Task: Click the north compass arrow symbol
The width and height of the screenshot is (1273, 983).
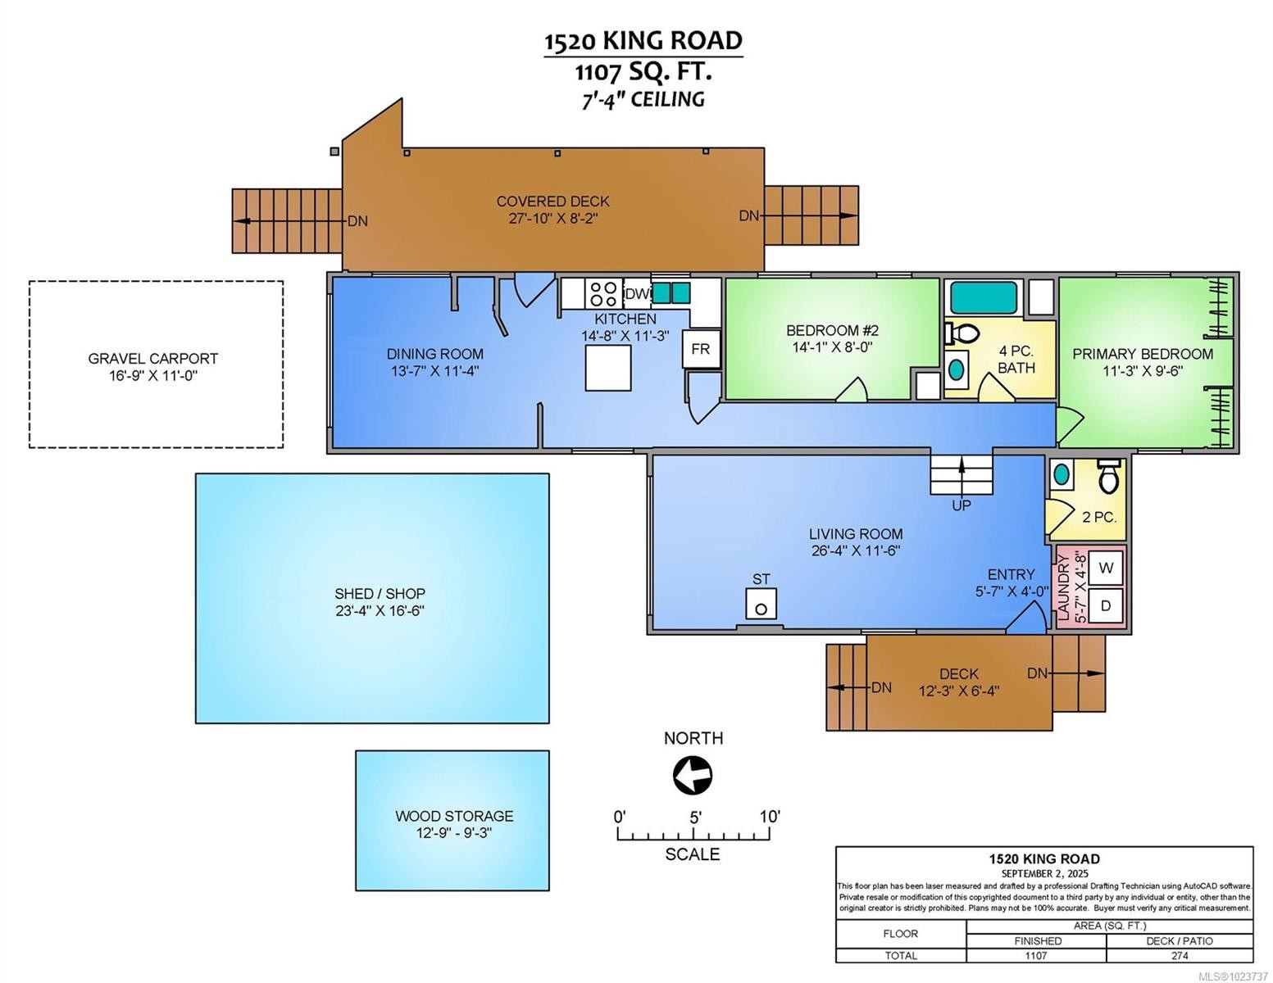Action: [x=693, y=775]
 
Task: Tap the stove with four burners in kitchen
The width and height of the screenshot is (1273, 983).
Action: [x=604, y=293]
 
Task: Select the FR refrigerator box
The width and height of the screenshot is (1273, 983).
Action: [x=700, y=349]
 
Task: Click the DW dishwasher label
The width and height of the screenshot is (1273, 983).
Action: [x=637, y=293]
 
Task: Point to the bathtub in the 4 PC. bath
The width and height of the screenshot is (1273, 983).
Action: [x=982, y=296]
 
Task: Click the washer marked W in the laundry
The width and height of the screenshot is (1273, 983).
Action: [x=1105, y=567]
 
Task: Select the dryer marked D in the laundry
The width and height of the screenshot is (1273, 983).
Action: [x=1105, y=606]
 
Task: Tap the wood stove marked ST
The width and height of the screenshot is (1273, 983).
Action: [x=762, y=604]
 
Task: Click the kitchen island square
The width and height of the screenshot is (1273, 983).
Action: [x=607, y=368]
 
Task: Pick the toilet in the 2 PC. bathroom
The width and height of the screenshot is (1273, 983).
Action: [x=1107, y=476]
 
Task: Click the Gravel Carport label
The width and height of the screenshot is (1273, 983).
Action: [x=153, y=359]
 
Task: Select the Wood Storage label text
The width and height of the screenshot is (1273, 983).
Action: [x=454, y=816]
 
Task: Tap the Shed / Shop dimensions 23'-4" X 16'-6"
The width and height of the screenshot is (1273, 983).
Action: [x=380, y=611]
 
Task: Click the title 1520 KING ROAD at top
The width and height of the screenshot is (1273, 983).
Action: [x=643, y=41]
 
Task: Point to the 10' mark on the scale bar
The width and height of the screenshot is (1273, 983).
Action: [x=770, y=817]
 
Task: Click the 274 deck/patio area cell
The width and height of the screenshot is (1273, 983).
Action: [x=1179, y=955]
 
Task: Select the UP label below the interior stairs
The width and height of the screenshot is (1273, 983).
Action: [x=962, y=505]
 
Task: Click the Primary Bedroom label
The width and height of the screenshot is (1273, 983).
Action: [x=1143, y=354]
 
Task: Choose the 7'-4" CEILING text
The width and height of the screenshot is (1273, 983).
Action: [x=643, y=99]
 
